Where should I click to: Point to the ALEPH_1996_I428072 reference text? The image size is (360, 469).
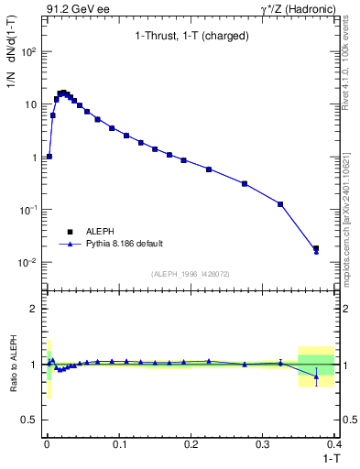click(189, 273)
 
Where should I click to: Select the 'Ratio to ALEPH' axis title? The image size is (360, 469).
click(13, 364)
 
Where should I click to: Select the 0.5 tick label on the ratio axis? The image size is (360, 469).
click(29, 419)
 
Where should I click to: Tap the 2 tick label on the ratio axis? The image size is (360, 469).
click(35, 309)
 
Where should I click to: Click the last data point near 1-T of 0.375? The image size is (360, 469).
click(316, 248)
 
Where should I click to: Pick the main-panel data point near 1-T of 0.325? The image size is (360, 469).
click(280, 203)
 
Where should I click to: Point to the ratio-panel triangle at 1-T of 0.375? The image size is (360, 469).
click(316, 376)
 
